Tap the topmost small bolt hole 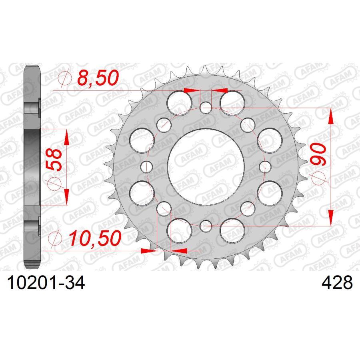coord(206,107)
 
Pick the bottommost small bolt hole coord(206,225)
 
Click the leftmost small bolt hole coord(147,166)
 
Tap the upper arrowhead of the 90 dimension coord(331,118)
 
